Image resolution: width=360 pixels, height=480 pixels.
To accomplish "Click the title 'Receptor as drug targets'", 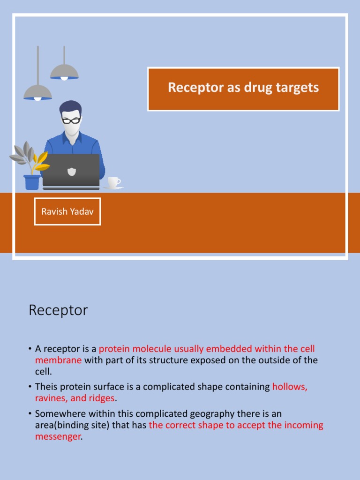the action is pos(243,88).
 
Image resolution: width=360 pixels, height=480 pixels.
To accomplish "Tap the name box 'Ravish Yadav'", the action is pos(67,211).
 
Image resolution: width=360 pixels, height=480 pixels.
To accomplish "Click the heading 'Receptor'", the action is pos(58,310).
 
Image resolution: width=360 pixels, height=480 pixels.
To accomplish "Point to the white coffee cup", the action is pos(114,183).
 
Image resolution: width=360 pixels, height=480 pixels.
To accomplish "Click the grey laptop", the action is pos(71,172).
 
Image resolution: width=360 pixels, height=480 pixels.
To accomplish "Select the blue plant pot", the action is pos(32,182).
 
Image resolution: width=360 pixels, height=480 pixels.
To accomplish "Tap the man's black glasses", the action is pos(71,120).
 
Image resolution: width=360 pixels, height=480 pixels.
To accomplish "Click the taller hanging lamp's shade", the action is pos(64,73).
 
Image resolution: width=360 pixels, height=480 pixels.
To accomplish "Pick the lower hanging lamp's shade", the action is pos(37,93).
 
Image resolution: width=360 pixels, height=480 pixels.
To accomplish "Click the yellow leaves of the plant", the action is pos(41,162).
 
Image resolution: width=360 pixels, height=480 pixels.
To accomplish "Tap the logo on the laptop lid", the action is pos(72,172).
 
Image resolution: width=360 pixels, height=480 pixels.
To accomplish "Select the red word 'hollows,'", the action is pos(290,387).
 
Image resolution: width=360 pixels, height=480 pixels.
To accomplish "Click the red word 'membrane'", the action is pos(59,360).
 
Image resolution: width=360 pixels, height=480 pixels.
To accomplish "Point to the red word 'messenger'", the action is pos(58,437).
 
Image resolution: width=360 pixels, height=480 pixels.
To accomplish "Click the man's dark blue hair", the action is pos(71,107).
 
